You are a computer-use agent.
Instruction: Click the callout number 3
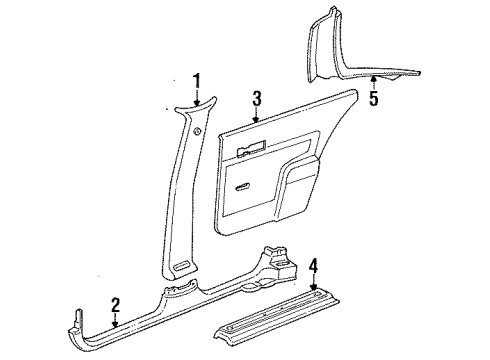pyautogui.click(x=257, y=98)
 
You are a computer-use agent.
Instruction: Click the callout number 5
pyautogui.click(x=373, y=100)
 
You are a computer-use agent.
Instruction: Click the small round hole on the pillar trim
pyautogui.click(x=197, y=132)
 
